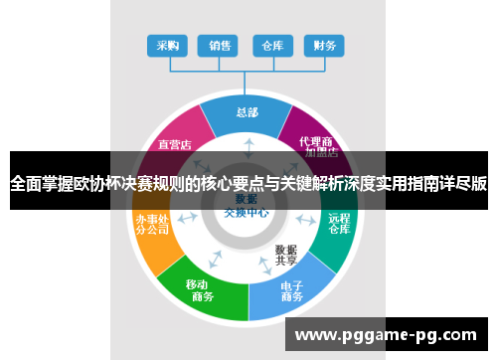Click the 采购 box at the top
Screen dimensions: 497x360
167,45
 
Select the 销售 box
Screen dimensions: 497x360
220,45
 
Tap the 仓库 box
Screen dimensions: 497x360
272,45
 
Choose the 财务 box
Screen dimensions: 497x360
324,45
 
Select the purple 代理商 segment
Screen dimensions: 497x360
317,140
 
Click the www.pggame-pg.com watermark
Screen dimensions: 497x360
390,334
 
